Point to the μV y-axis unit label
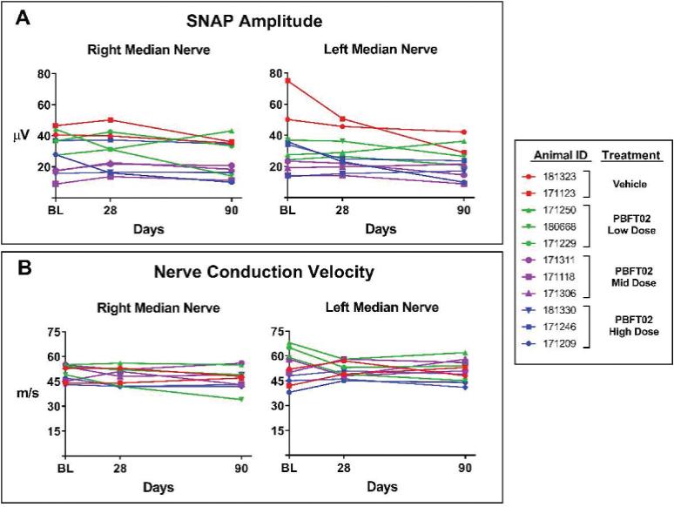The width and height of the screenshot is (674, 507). point(21,135)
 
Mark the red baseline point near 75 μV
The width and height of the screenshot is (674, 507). point(287,81)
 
